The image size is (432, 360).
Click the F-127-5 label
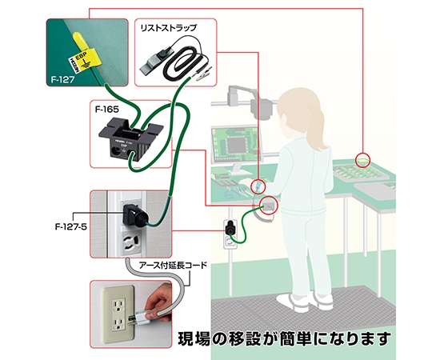tap(72, 214)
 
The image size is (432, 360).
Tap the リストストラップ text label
tap(167, 28)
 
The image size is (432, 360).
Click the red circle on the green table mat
tap(364, 159)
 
